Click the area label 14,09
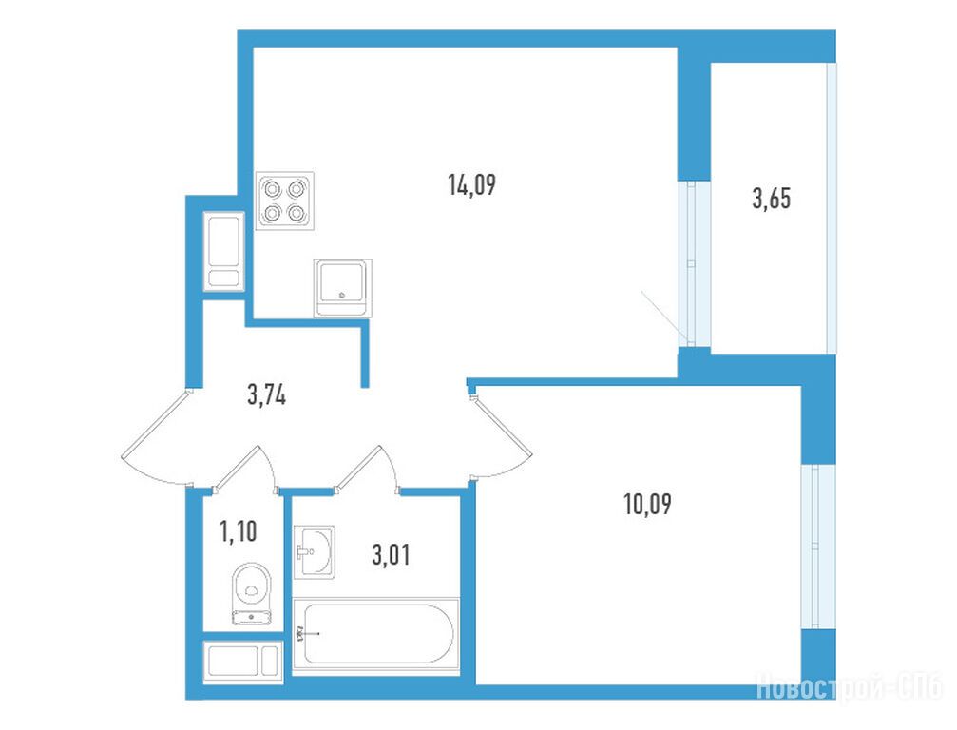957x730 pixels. pos(471,184)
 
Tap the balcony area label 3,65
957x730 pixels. pos(772,199)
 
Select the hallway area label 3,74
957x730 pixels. pos(267,395)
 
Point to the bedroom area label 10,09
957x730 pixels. pos(647,505)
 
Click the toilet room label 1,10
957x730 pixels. pos(238,531)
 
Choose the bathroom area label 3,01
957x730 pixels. pos(391,555)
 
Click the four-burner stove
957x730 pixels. pos(284,201)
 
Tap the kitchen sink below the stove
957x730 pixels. pos(342,288)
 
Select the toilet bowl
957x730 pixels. pos(252,593)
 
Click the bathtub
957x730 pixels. pos(376,635)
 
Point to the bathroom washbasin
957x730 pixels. pos(314,551)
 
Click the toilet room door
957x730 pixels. pos(244,468)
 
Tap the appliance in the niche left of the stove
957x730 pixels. pos(224,251)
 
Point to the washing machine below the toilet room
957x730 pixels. pos(243,661)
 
